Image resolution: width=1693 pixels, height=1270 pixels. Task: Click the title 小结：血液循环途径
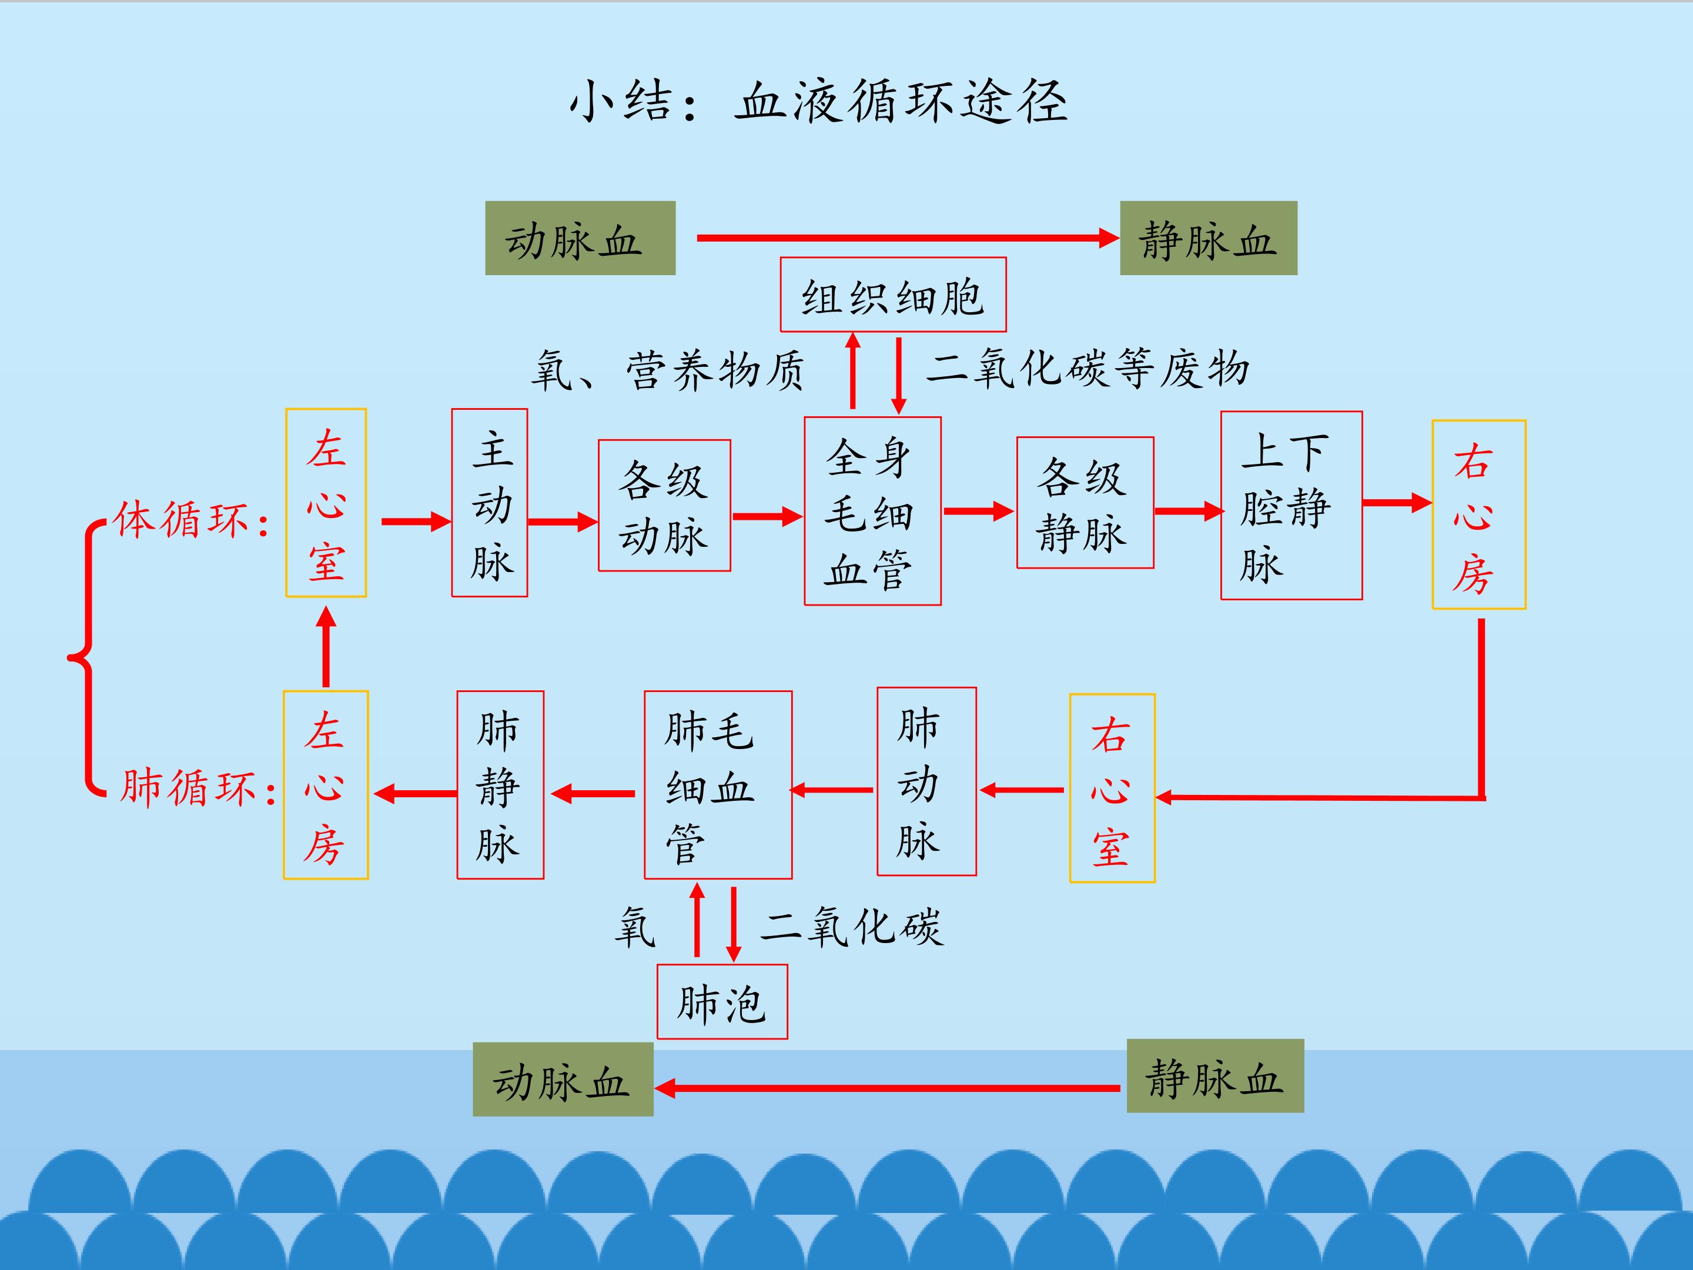(x=818, y=102)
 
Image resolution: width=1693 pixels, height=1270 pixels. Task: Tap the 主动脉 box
(x=490, y=503)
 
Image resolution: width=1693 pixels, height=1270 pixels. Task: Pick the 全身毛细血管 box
(x=872, y=512)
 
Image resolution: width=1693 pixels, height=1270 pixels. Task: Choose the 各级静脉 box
(x=1085, y=503)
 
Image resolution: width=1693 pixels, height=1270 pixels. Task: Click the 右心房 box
(x=1478, y=515)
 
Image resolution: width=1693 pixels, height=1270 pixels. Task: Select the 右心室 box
(x=1112, y=788)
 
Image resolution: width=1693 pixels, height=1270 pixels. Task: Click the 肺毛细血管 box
(x=718, y=786)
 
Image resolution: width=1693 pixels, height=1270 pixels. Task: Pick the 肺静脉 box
(x=501, y=786)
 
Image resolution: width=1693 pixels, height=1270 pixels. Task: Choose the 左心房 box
(x=326, y=786)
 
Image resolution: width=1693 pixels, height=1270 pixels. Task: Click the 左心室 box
(x=326, y=503)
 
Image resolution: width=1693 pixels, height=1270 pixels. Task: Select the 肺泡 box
(x=722, y=1002)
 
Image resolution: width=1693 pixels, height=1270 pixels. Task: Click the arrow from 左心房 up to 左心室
(x=326, y=647)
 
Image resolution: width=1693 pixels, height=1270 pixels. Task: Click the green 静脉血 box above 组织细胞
(x=1209, y=238)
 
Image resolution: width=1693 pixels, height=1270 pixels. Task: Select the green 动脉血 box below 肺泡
(x=563, y=1079)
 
